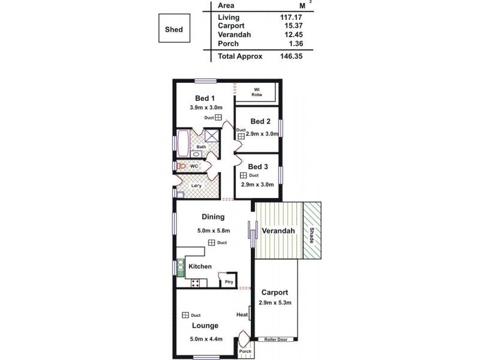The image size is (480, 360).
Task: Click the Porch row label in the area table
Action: pos(228,43)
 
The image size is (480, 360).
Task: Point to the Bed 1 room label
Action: pos(205,98)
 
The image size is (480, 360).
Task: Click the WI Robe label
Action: pos(256,92)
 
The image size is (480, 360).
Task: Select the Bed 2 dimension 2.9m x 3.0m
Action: pos(262,134)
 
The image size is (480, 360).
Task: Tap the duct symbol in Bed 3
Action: pos(244,175)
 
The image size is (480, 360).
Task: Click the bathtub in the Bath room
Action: pos(182,144)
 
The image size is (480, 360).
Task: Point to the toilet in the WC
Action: pos(179,166)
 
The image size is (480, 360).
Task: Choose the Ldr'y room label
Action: pos(196,185)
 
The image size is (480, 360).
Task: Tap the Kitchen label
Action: pos(200,266)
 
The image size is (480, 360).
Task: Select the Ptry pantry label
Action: pos(229,281)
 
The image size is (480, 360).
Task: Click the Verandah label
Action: pos(278,231)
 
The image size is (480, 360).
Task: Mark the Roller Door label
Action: pos(276,339)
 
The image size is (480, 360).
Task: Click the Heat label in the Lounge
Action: pos(242,314)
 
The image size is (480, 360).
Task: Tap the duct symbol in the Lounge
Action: pos(185,315)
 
